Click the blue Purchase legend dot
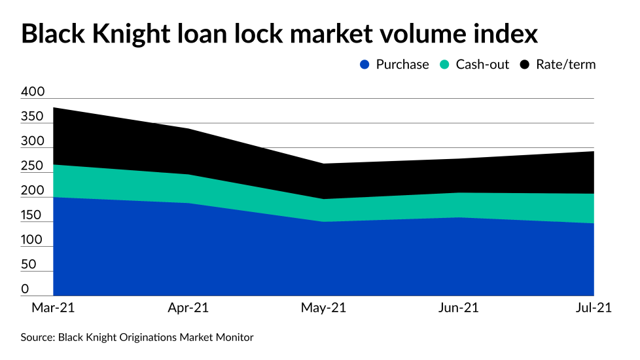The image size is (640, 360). click(365, 65)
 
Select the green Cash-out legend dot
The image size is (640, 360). click(445, 65)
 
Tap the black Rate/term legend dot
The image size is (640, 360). click(525, 65)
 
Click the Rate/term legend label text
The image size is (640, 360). click(565, 65)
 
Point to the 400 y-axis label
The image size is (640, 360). click(33, 92)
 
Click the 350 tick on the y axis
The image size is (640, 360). click(33, 117)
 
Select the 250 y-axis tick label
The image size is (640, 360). click(33, 166)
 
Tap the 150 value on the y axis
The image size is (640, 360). click(33, 215)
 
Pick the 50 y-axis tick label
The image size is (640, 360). click(28, 264)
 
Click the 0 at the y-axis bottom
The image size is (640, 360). click(25, 289)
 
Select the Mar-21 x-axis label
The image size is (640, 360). click(52, 308)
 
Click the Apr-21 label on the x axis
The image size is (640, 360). click(188, 308)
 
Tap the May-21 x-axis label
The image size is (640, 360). click(323, 308)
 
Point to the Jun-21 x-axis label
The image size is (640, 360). click(459, 308)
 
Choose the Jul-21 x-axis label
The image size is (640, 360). click(592, 308)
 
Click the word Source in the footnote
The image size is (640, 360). click(37, 338)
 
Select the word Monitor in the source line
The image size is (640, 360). click(234, 338)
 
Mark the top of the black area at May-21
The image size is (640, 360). click(323, 164)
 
